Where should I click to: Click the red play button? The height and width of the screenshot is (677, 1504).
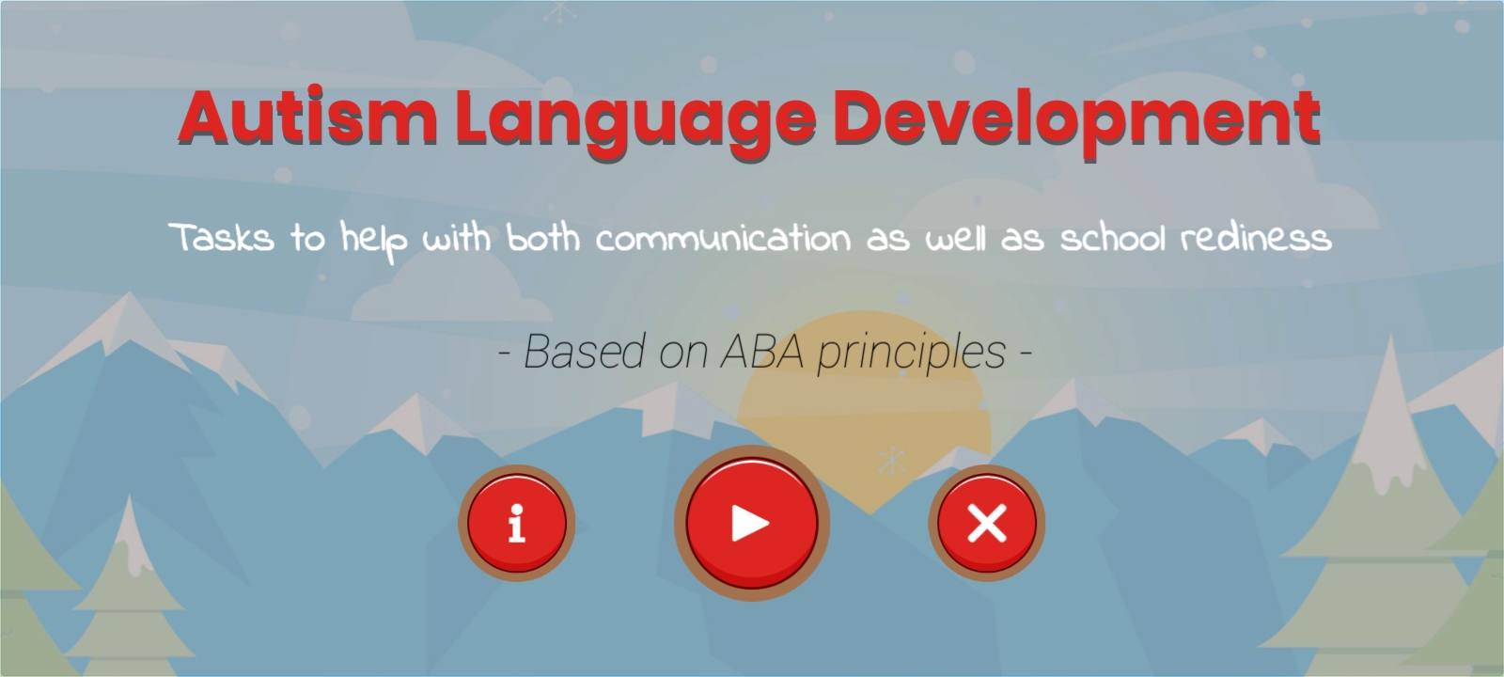(x=752, y=523)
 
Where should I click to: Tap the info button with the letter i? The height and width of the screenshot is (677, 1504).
(x=516, y=523)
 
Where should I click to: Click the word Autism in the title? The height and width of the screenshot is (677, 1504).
(x=308, y=117)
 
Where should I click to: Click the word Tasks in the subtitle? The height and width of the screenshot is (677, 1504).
(x=222, y=238)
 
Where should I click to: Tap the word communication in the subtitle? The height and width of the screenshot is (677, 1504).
(x=723, y=239)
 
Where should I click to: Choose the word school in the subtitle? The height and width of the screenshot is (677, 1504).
(x=1113, y=238)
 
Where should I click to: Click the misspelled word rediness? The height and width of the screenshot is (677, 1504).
(x=1256, y=238)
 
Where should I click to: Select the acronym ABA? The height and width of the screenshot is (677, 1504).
(x=762, y=352)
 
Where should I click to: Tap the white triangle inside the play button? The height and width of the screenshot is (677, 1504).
(x=749, y=523)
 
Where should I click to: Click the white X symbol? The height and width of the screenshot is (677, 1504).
(x=987, y=523)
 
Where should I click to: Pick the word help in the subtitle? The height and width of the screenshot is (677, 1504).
(x=373, y=242)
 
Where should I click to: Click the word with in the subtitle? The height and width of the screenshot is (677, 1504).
(x=457, y=238)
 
